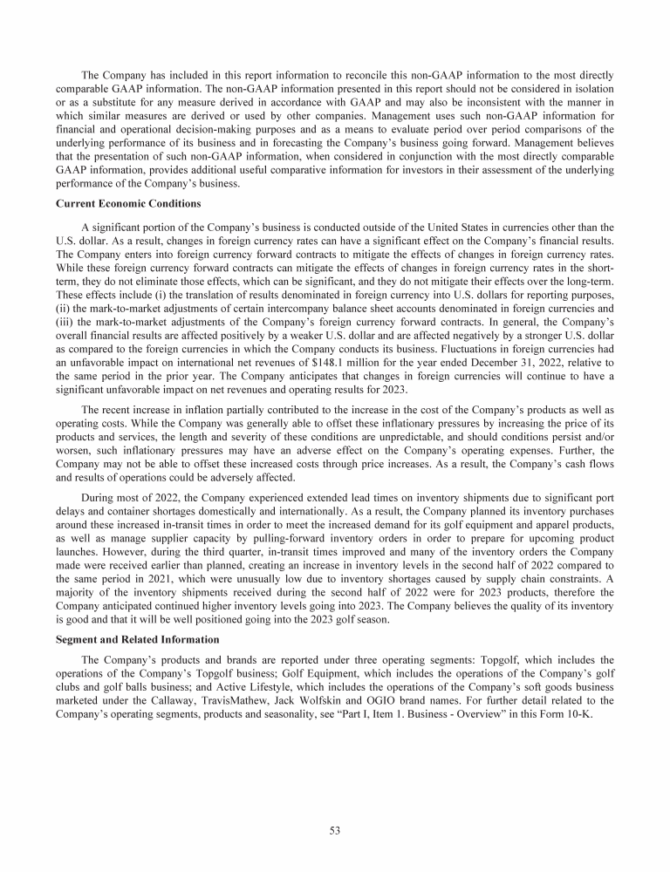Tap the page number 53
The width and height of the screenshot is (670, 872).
click(x=335, y=830)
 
